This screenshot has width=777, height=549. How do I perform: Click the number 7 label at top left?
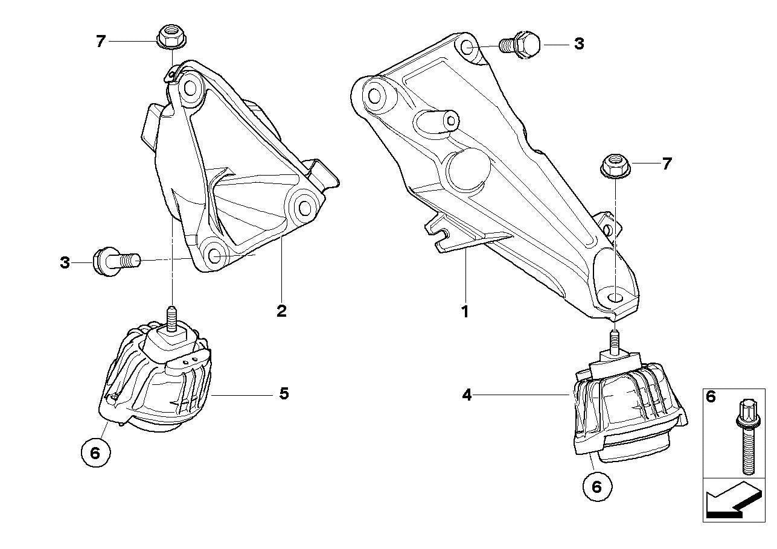[100, 41]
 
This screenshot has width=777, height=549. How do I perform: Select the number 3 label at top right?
[579, 43]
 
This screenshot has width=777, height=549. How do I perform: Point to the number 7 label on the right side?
[667, 163]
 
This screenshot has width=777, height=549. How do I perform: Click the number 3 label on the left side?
[65, 263]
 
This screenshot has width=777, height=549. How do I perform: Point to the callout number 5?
[284, 394]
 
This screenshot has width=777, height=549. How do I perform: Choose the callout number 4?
[467, 395]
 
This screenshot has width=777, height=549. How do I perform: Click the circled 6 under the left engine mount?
[95, 452]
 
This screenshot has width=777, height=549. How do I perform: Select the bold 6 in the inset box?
[711, 396]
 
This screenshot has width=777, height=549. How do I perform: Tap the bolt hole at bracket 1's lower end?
[615, 297]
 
